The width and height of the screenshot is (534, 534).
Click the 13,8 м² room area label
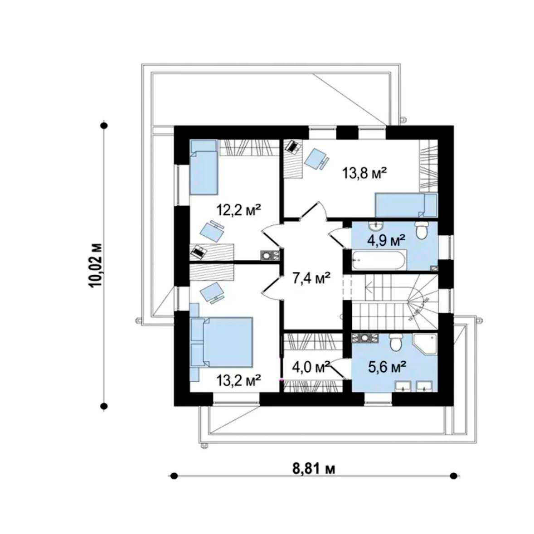tap(364, 173)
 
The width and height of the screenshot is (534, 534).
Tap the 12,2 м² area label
tap(239, 210)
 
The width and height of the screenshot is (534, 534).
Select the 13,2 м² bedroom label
tap(238, 380)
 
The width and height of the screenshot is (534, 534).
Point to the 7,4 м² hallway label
tap(311, 278)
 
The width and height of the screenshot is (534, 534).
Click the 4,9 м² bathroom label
tap(386, 241)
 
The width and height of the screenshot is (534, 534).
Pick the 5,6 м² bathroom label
tap(387, 367)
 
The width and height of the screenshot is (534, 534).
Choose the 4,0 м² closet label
tap(311, 367)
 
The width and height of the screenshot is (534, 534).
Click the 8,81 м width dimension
tap(314, 469)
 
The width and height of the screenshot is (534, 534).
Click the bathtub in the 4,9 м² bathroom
tap(379, 261)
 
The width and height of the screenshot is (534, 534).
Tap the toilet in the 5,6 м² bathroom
tap(396, 342)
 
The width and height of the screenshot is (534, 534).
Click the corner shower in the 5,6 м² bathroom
tap(424, 344)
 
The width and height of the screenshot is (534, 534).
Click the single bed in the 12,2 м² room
tap(204, 167)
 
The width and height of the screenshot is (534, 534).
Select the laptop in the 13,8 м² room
tap(293, 146)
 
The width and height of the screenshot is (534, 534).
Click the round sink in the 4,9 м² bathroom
tap(376, 225)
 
